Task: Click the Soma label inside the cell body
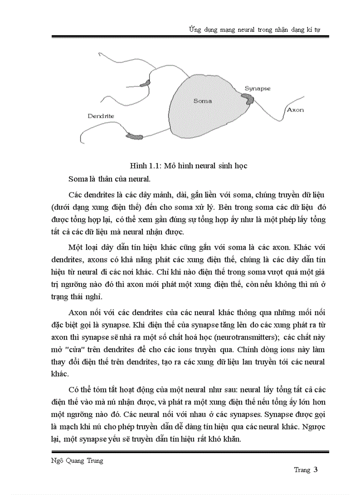click(202, 101)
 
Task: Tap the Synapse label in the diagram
click(258, 89)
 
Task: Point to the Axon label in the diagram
click(295, 110)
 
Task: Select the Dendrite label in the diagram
click(101, 116)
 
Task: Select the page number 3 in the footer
click(316, 469)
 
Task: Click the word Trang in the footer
click(302, 470)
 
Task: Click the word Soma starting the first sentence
click(78, 179)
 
